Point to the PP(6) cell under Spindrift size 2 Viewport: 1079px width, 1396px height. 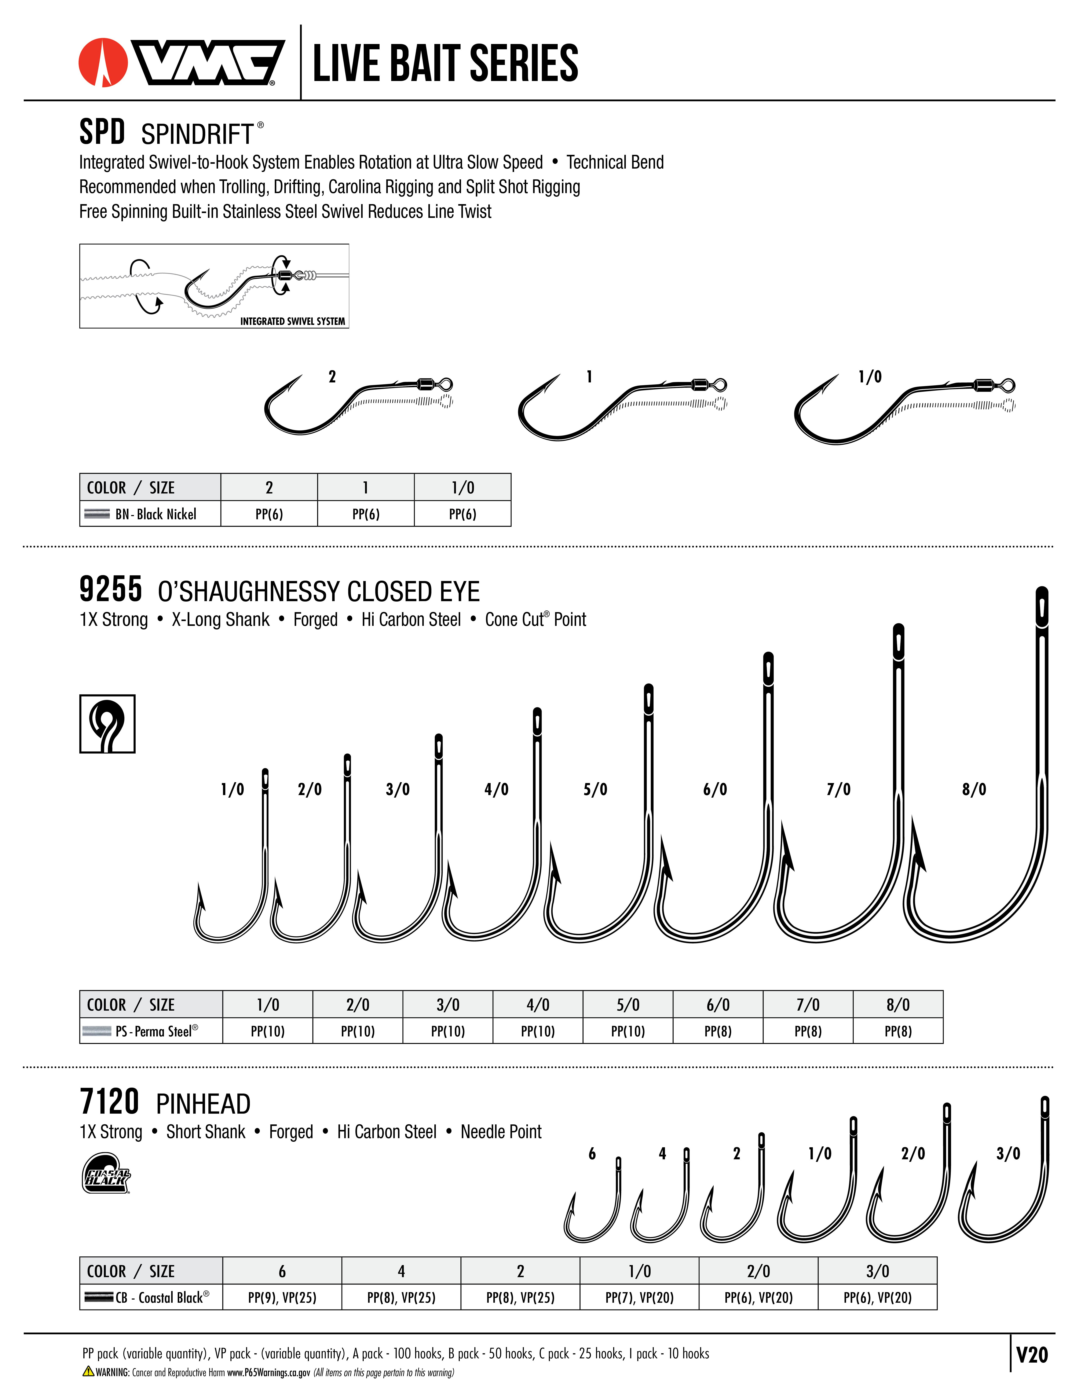269,514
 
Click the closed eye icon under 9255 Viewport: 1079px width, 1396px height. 107,724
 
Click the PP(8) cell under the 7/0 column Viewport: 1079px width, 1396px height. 808,1031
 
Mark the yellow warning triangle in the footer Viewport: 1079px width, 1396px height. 88,1371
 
